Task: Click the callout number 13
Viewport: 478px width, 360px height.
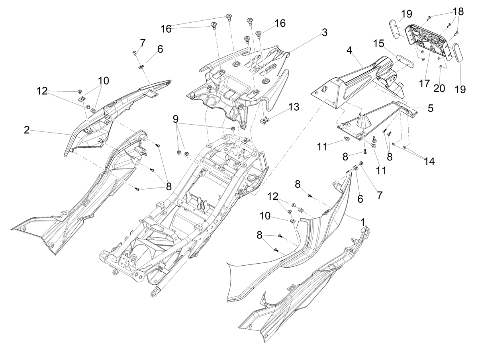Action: [x=294, y=107]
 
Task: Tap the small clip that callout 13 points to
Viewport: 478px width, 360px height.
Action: [x=265, y=119]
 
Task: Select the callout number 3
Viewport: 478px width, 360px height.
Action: [x=325, y=33]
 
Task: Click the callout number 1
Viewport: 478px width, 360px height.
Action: [x=431, y=108]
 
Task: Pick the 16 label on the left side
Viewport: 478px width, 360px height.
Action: [x=166, y=29]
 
